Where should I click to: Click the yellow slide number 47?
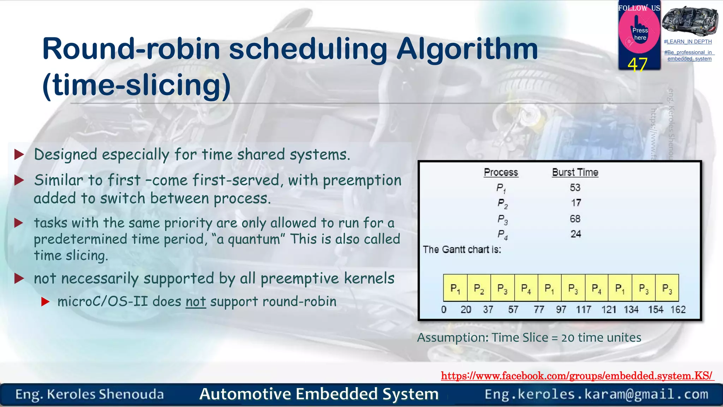pyautogui.click(x=637, y=65)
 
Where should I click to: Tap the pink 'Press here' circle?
pyautogui.click(x=639, y=33)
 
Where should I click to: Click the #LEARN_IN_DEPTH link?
pyautogui.click(x=688, y=42)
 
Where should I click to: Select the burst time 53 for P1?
pyautogui.click(x=575, y=188)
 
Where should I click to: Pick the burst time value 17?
pyautogui.click(x=576, y=203)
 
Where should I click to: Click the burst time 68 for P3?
pyautogui.click(x=575, y=219)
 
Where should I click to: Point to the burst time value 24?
pyautogui.click(x=576, y=234)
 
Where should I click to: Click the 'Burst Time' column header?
pyautogui.click(x=575, y=172)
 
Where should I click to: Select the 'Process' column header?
pyautogui.click(x=501, y=172)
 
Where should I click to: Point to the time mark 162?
pyautogui.click(x=678, y=310)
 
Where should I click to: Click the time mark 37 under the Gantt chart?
pyautogui.click(x=488, y=310)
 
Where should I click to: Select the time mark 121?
pyautogui.click(x=609, y=310)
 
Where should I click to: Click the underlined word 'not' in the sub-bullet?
pyautogui.click(x=196, y=302)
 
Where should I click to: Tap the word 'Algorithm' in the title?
pyautogui.click(x=467, y=49)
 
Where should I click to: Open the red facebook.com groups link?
pyautogui.click(x=576, y=376)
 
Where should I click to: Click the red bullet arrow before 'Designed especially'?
pyautogui.click(x=19, y=154)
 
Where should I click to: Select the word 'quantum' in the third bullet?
pyautogui.click(x=253, y=240)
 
